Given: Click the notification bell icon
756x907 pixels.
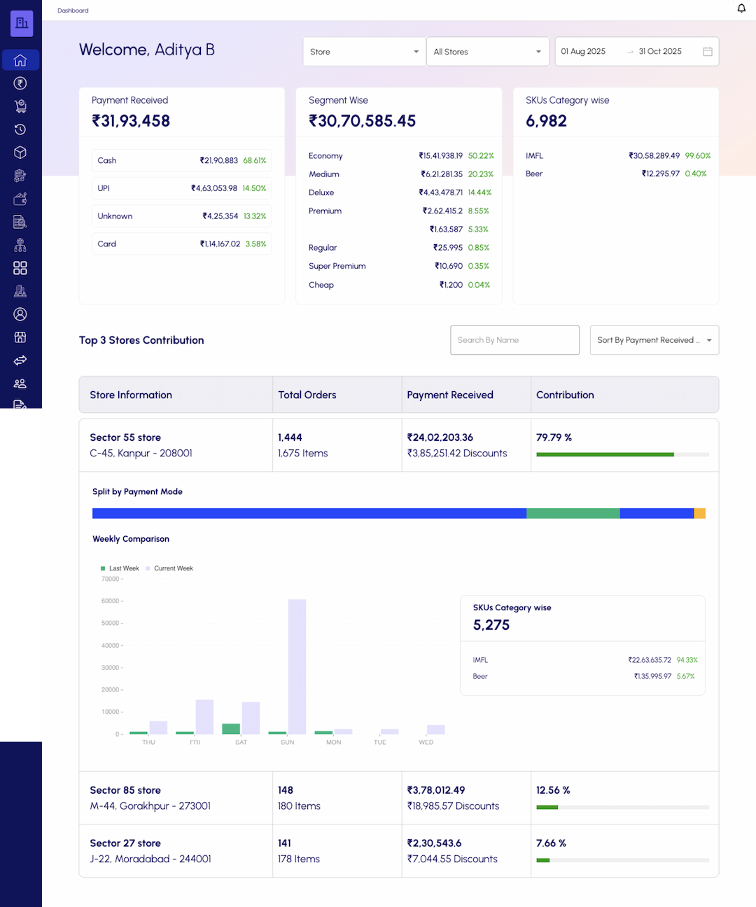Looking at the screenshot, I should [x=741, y=8].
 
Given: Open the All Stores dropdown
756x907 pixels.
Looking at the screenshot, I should [x=487, y=52].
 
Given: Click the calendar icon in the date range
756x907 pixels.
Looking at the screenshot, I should [x=708, y=52].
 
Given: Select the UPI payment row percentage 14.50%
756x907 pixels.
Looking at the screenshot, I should [x=254, y=188].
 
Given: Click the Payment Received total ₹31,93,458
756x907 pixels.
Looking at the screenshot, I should [x=131, y=121].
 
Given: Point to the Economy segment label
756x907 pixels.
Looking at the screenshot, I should [x=325, y=156].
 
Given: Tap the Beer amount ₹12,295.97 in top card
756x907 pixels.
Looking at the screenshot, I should [x=660, y=174].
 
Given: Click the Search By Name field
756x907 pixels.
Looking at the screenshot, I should [x=514, y=340].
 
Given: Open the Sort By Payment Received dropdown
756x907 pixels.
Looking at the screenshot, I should [x=654, y=340].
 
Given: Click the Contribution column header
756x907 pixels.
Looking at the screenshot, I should [x=565, y=395].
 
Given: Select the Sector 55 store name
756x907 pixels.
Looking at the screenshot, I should [x=125, y=437].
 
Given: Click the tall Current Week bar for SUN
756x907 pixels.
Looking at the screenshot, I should [x=297, y=666].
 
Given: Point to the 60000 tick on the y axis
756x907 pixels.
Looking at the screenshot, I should [x=111, y=601].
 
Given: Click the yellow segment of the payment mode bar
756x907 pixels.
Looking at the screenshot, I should [x=699, y=514].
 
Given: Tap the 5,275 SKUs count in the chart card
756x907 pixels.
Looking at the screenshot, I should [x=491, y=625].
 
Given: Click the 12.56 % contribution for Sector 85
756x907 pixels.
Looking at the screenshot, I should [x=553, y=790].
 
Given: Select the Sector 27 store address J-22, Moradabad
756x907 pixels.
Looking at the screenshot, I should [x=150, y=859].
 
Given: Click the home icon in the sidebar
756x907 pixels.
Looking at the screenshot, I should [x=20, y=60].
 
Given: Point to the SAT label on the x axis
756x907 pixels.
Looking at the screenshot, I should [x=241, y=743].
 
